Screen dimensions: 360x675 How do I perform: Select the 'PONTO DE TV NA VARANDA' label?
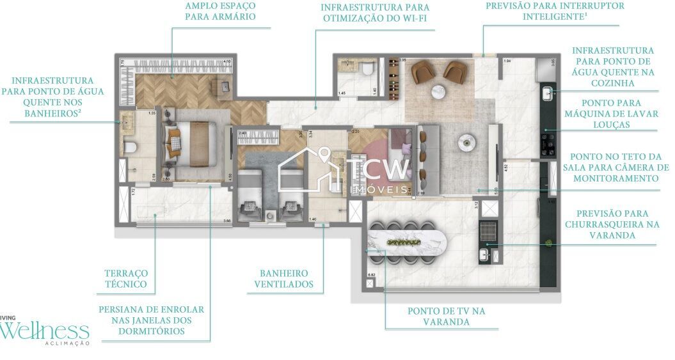coord(446,316)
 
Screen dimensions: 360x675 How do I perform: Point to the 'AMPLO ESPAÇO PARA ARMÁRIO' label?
coord(220,11)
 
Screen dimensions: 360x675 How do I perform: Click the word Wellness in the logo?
coord(45,331)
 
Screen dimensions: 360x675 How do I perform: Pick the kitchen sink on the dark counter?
coord(548,94)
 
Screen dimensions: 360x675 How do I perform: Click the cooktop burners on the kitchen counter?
coord(548,143)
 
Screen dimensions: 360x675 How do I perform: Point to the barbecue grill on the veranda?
coord(488,229)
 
